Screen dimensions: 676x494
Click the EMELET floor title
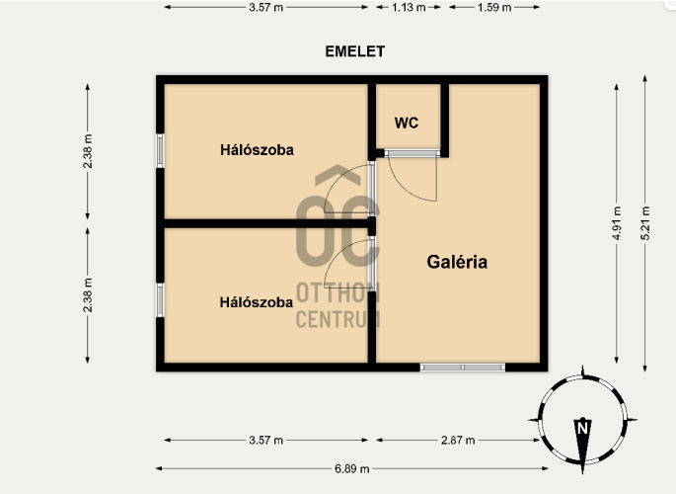tap(355, 51)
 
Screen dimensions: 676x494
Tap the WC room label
tap(407, 123)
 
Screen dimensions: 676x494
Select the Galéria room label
tap(457, 262)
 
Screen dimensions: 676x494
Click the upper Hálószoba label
tap(257, 150)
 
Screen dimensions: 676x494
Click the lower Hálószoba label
tap(257, 302)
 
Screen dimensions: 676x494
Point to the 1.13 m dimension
tap(409, 7)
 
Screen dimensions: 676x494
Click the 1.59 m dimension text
tap(494, 7)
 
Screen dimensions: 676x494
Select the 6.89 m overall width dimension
tap(351, 468)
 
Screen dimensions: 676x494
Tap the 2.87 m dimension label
tap(458, 440)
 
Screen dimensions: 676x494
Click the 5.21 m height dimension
tap(645, 223)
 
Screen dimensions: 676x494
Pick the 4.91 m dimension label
tap(617, 223)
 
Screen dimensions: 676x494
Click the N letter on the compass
tap(583, 429)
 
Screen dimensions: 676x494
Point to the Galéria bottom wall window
tap(463, 368)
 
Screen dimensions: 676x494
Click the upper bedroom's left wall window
tap(160, 150)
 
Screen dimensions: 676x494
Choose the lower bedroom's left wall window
tap(160, 299)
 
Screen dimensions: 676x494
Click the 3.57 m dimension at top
tap(266, 7)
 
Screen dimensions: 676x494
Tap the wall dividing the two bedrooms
tap(266, 223)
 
